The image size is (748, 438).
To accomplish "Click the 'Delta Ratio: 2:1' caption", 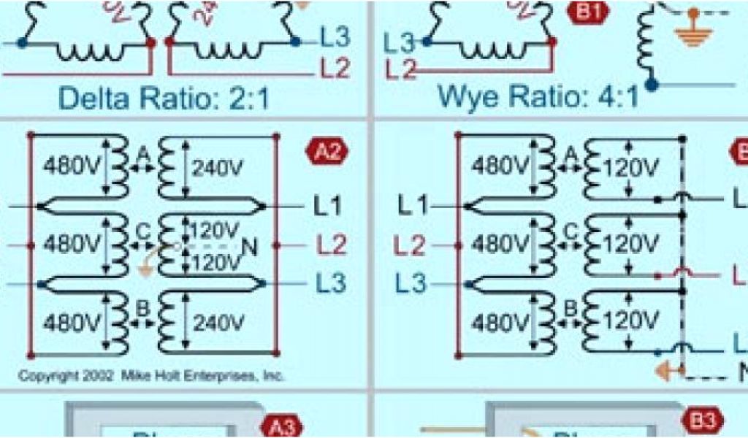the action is tap(164, 98).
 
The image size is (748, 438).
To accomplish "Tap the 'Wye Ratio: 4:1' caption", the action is tap(539, 96).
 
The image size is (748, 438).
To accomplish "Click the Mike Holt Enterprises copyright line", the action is tap(151, 377).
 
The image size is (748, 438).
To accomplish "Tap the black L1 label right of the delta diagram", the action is tap(327, 207).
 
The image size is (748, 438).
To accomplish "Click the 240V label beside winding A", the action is tap(218, 167).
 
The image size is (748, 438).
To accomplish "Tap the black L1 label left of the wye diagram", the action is tap(412, 206).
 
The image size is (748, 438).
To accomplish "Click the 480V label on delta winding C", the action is tap(71, 244).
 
